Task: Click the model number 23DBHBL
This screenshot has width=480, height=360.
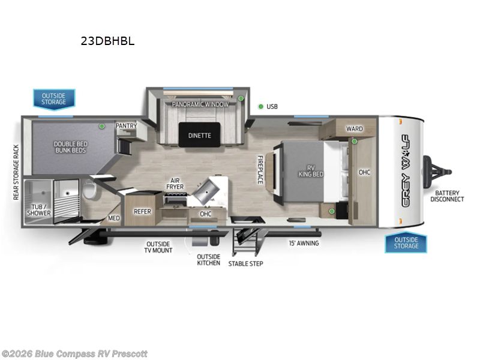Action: pyautogui.click(x=108, y=41)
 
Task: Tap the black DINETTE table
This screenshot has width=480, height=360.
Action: pyautogui.click(x=200, y=134)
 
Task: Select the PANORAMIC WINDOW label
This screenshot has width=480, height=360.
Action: pyautogui.click(x=200, y=104)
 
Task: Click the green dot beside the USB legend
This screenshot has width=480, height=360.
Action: pyautogui.click(x=261, y=107)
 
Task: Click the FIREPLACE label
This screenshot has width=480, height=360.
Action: pyautogui.click(x=260, y=170)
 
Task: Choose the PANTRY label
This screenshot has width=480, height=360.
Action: pyautogui.click(x=126, y=125)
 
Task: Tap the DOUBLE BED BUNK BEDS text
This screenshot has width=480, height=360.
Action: pyautogui.click(x=70, y=147)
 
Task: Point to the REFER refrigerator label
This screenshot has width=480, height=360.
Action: pyautogui.click(x=142, y=211)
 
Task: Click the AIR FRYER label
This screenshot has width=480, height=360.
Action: pyautogui.click(x=176, y=184)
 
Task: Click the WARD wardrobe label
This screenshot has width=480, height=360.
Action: pyautogui.click(x=354, y=129)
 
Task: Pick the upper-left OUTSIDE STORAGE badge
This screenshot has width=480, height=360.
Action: pyautogui.click(x=54, y=98)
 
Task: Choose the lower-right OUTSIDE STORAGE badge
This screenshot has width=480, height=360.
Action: pyautogui.click(x=406, y=243)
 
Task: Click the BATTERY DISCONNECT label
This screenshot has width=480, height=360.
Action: pyautogui.click(x=449, y=196)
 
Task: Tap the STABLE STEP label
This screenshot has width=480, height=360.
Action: pyautogui.click(x=245, y=263)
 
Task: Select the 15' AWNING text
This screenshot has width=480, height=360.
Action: pyautogui.click(x=304, y=243)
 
